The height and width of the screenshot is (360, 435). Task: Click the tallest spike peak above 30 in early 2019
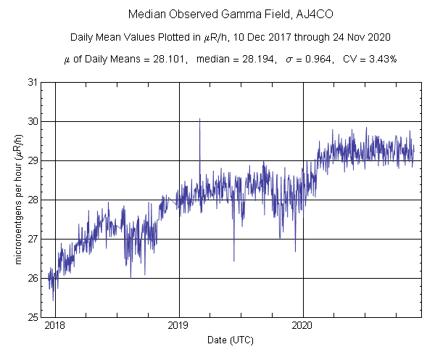199,119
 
